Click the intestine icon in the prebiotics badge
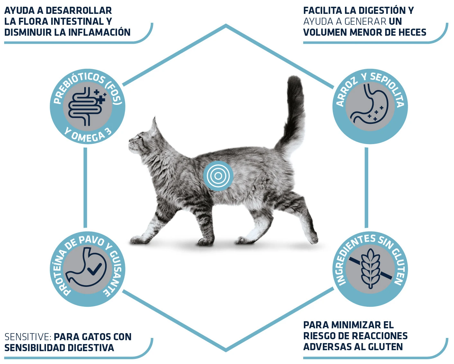tap(87, 106)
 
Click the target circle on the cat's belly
tap(218, 176)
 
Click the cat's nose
tap(130, 140)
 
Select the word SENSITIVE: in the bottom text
tap(28, 337)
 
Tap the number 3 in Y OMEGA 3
tap(109, 132)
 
